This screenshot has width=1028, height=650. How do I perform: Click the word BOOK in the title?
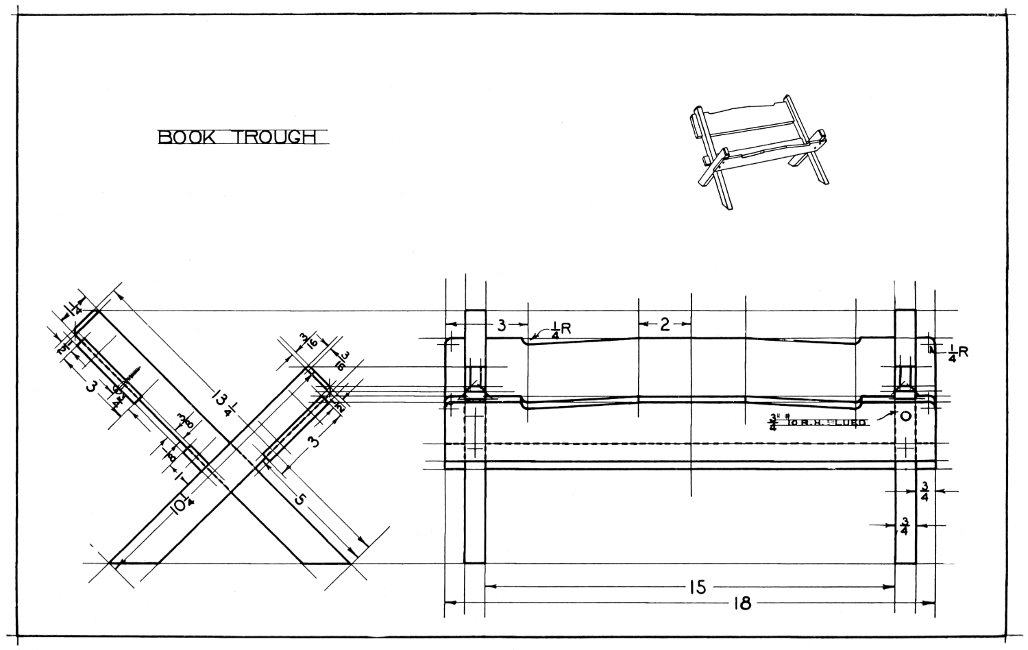click(186, 137)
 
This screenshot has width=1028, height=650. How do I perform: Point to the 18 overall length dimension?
click(742, 603)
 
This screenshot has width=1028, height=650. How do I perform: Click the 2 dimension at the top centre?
click(665, 324)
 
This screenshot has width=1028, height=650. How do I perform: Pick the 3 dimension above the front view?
click(502, 325)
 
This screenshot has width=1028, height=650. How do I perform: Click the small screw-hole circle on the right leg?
click(905, 416)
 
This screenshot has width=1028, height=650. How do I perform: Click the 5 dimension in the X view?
click(299, 498)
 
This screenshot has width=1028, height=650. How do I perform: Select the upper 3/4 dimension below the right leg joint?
click(925, 492)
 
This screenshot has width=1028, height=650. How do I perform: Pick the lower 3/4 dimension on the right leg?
click(904, 527)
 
